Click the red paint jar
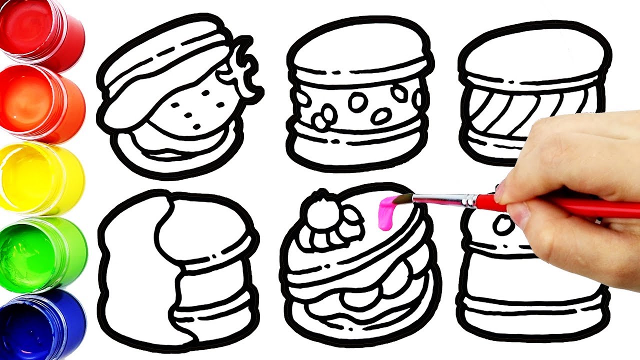[x=37, y=31]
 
